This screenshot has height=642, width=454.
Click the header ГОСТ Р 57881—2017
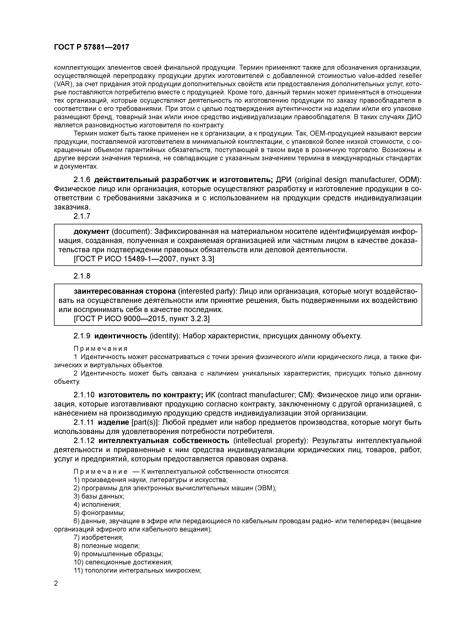pos(92,47)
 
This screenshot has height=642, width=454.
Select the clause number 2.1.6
pos(82,180)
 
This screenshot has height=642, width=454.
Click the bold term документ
pos(92,232)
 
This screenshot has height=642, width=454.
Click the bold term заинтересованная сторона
pos(124,291)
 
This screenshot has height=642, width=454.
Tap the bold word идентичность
pos(121,336)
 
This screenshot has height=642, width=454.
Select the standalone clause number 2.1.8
pos(82,276)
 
